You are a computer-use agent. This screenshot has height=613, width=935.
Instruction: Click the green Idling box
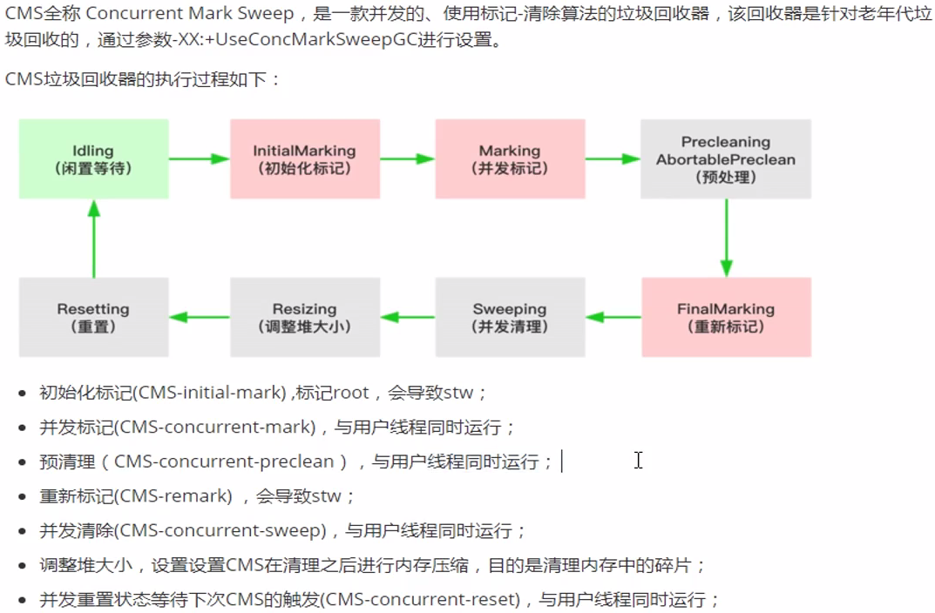93,158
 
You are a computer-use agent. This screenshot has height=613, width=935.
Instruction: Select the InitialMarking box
304,158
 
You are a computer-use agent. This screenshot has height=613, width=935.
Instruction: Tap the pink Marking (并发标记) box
510,158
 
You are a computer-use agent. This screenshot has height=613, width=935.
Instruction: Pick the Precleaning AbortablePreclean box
726,158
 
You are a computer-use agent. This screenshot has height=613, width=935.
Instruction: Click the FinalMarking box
726,317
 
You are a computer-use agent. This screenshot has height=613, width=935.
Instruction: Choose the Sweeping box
510,317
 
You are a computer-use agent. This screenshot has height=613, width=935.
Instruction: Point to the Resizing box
304,317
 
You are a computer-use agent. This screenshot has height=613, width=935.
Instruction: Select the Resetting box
93,317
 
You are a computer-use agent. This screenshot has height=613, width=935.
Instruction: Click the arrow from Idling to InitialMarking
199,158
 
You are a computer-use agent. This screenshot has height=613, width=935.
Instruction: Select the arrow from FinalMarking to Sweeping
613,317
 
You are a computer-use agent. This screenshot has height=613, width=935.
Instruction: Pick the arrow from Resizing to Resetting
199,317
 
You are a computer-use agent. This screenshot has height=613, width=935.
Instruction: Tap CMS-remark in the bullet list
175,496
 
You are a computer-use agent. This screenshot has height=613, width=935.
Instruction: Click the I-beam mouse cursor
638,460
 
